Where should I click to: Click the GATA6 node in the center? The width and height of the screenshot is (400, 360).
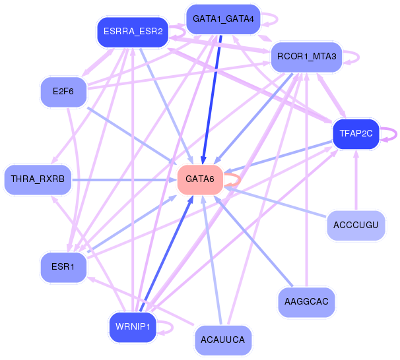[200, 179]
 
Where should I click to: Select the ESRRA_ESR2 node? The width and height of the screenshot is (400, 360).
[133, 32]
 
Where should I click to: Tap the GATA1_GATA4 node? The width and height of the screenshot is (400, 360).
[222, 18]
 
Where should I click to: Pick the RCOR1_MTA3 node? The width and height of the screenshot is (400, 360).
[306, 57]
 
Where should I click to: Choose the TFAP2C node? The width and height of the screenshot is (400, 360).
[356, 133]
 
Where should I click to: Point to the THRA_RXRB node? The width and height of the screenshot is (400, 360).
[37, 179]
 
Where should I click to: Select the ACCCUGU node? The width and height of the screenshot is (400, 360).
[356, 225]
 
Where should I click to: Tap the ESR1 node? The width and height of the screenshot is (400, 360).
[63, 267]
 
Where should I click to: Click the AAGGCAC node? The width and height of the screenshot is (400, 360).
[306, 301]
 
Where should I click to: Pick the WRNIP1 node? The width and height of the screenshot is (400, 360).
[133, 326]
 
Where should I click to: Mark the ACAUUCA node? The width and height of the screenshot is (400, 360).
[222, 340]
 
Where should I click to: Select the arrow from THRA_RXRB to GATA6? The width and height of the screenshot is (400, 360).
[125, 179]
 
